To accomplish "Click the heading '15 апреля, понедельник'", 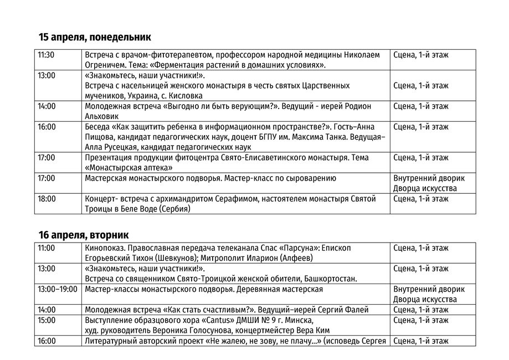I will coord(95,37).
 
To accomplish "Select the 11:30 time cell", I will coord(46,55).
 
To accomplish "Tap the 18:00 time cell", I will coord(47,198).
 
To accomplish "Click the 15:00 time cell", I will coord(47,320).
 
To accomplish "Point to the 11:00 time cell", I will coord(47,248).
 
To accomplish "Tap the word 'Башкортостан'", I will coord(330,278).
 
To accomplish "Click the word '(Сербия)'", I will coord(174,209).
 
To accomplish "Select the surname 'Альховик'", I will coord(102,116).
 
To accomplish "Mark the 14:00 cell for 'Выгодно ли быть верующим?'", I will coord(47,106).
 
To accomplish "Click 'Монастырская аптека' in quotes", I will coord(129,167).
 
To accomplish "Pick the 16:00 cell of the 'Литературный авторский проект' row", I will coord(47,341).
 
